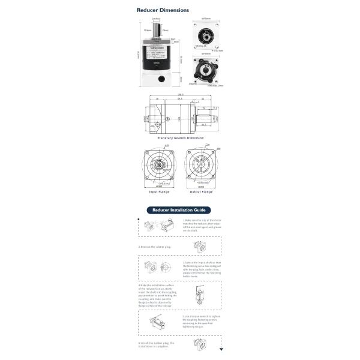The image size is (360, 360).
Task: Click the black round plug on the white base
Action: coord(161,79)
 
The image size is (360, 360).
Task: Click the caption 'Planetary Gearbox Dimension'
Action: coord(180,138)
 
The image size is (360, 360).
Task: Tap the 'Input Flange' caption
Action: coord(159,192)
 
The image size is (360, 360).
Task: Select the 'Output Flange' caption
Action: coord(201,192)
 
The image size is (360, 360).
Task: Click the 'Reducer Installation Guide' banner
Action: coord(180,211)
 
